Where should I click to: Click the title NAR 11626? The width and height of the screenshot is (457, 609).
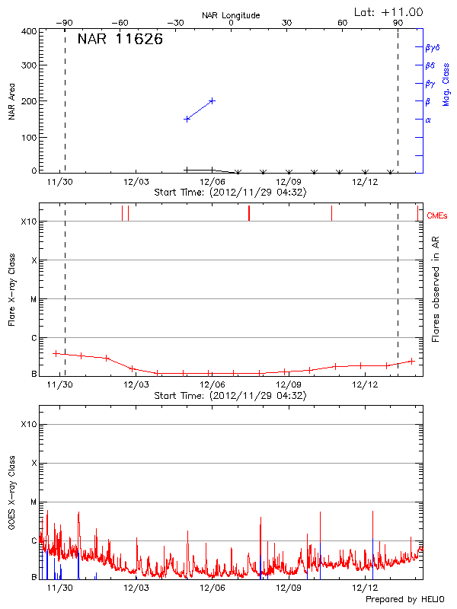point(120,40)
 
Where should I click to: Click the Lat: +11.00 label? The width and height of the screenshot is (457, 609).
point(389,12)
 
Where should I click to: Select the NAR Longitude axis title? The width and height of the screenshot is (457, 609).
point(231,15)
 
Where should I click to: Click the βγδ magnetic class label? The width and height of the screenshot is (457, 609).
point(433,47)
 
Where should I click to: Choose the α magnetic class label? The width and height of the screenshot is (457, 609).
point(428,120)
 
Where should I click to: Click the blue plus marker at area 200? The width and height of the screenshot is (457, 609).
point(212,100)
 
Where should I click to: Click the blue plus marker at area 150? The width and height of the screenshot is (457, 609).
point(187,119)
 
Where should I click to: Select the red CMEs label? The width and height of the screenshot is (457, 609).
point(437,216)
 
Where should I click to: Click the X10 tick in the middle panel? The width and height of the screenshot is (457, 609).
point(28,222)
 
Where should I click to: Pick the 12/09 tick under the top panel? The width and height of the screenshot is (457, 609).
point(289,181)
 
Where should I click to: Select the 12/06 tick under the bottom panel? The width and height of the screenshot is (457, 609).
point(212,588)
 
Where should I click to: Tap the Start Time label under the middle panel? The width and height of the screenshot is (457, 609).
point(230,396)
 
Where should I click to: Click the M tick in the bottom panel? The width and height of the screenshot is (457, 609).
point(34,502)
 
